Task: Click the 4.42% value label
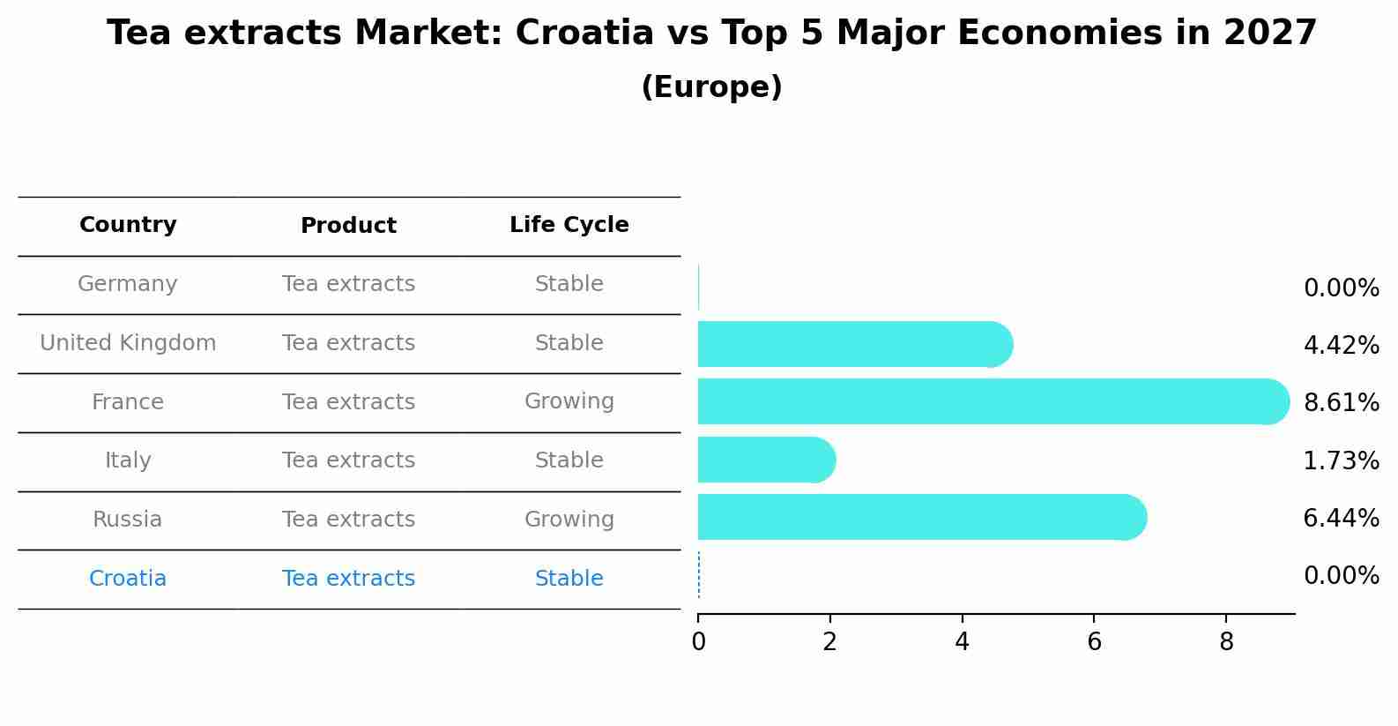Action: point(1341,345)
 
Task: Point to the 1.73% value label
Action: point(1341,460)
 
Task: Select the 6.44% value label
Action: point(1341,518)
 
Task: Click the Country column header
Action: point(128,225)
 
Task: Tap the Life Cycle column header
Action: point(569,225)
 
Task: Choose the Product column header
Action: point(348,226)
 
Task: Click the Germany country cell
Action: point(128,284)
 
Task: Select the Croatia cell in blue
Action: point(128,579)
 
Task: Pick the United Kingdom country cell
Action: point(128,343)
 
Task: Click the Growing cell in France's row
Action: point(569,401)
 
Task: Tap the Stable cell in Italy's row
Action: point(569,460)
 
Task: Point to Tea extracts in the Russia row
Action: point(348,520)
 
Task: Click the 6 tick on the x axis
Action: point(1094,642)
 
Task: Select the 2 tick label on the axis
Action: point(829,642)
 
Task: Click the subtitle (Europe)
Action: point(711,87)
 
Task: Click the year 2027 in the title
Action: point(1269,34)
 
